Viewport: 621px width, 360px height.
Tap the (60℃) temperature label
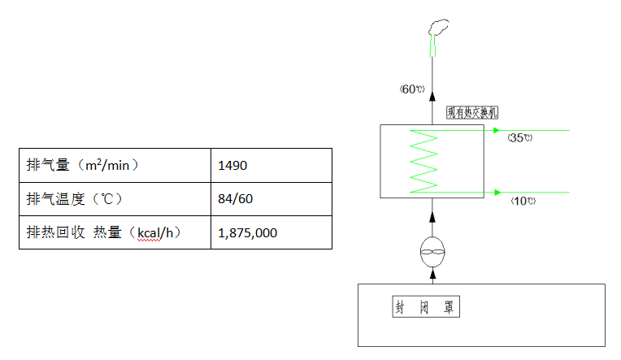tap(412, 89)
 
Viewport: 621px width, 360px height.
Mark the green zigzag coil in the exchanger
tap(423, 161)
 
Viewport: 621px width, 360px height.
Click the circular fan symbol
tap(432, 253)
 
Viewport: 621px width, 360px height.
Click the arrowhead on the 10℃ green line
tap(495, 193)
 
